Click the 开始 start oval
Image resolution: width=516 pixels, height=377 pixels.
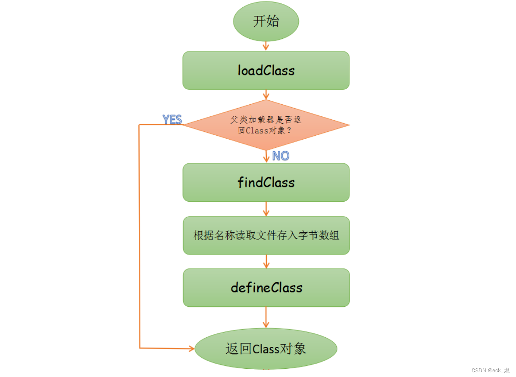click(x=266, y=21)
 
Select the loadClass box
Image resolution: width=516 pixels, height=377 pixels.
click(x=266, y=71)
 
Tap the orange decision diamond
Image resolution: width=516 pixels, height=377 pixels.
click(x=266, y=125)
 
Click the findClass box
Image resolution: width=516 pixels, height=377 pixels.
click(x=266, y=182)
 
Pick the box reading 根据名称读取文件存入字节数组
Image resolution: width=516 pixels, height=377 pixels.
click(x=266, y=236)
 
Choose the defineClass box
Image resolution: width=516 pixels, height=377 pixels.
click(x=266, y=288)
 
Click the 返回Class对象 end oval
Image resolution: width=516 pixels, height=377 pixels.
click(x=266, y=349)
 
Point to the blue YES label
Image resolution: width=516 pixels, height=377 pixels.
click(x=172, y=119)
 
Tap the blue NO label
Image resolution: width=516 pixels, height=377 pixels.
click(x=281, y=156)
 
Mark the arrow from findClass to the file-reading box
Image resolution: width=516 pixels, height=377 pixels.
click(x=266, y=209)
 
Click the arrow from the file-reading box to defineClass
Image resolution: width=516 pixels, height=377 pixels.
click(x=266, y=262)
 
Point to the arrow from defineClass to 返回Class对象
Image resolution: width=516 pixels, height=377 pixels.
click(x=266, y=318)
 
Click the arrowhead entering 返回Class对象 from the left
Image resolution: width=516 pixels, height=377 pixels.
click(x=191, y=348)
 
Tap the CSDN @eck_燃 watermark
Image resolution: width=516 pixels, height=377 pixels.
click(x=490, y=371)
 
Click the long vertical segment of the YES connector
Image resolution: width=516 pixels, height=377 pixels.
click(x=139, y=237)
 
